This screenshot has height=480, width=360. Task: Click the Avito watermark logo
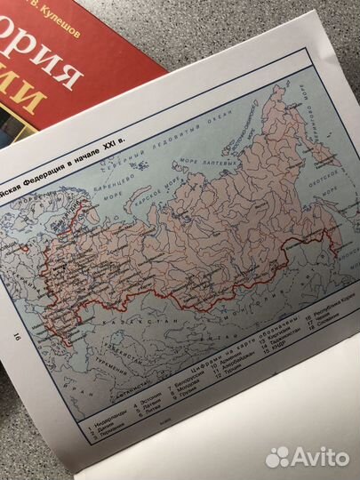tap(307, 457)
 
